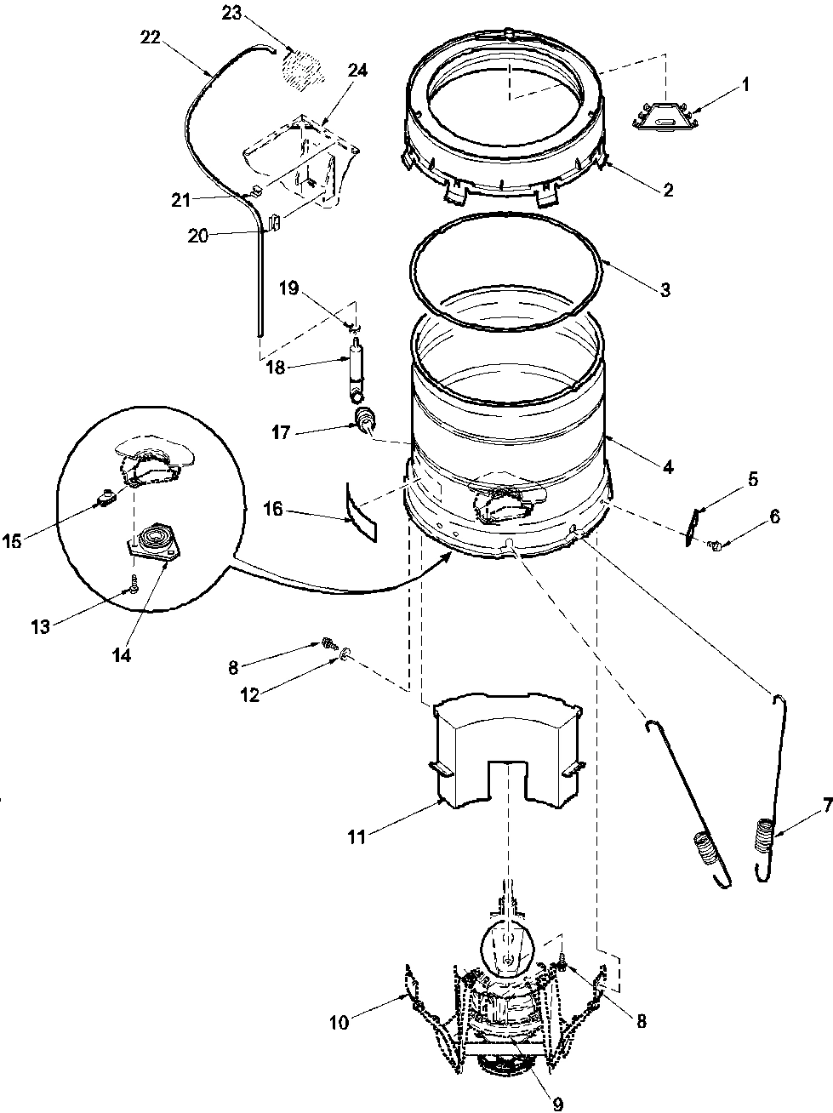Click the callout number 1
point(745,84)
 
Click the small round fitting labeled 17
point(366,420)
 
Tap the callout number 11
point(356,837)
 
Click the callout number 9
point(557,1104)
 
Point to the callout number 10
point(339,1022)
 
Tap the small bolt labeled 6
point(716,545)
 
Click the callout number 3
point(664,289)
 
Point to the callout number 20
point(197,236)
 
